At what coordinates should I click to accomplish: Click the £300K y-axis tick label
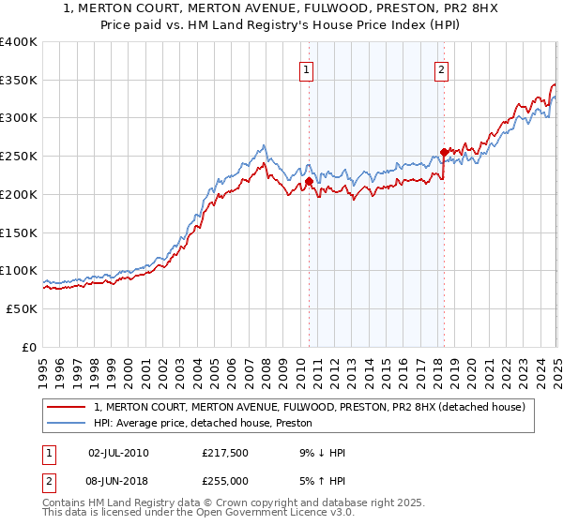(x=19, y=118)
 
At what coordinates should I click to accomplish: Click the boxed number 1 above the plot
(x=307, y=68)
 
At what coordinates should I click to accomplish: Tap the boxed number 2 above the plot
(x=441, y=68)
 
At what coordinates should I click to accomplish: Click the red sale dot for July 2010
(x=308, y=181)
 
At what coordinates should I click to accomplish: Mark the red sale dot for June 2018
(x=444, y=152)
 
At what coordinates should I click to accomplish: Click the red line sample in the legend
(x=68, y=407)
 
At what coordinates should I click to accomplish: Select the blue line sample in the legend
(x=68, y=423)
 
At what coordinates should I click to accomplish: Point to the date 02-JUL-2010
(x=117, y=453)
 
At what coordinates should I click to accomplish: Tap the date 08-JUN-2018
(x=117, y=481)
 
